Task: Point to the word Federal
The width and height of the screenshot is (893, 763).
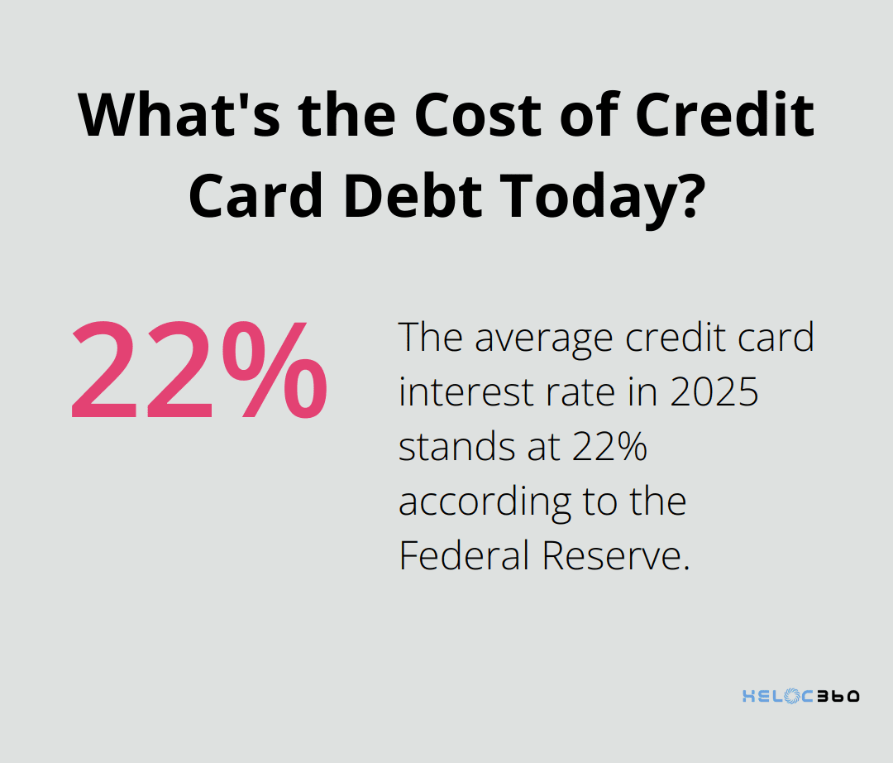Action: coord(464,556)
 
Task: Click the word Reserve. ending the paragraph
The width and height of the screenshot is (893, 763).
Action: coord(615,556)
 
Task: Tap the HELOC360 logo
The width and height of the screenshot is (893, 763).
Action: coord(800,696)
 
